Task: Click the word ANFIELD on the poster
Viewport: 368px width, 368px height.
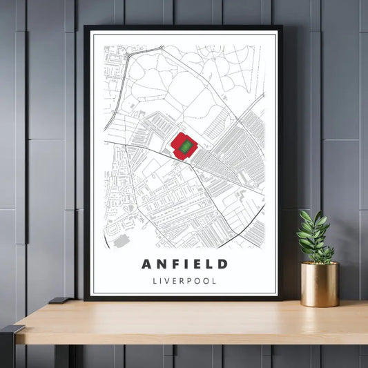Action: click(184, 264)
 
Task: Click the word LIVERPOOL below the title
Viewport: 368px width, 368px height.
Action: click(184, 281)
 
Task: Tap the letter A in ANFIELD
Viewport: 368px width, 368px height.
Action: click(147, 264)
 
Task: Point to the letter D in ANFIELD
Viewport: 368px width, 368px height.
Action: click(222, 264)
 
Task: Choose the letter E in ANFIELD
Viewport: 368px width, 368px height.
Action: click(197, 264)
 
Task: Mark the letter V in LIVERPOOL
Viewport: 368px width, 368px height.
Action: click(168, 281)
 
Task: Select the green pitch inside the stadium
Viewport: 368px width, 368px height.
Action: click(185, 146)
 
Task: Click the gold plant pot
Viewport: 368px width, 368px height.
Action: click(320, 284)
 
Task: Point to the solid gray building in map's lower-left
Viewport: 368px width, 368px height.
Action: click(122, 240)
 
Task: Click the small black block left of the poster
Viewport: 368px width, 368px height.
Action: click(58, 300)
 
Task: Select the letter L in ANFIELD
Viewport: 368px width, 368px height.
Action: click(209, 264)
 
